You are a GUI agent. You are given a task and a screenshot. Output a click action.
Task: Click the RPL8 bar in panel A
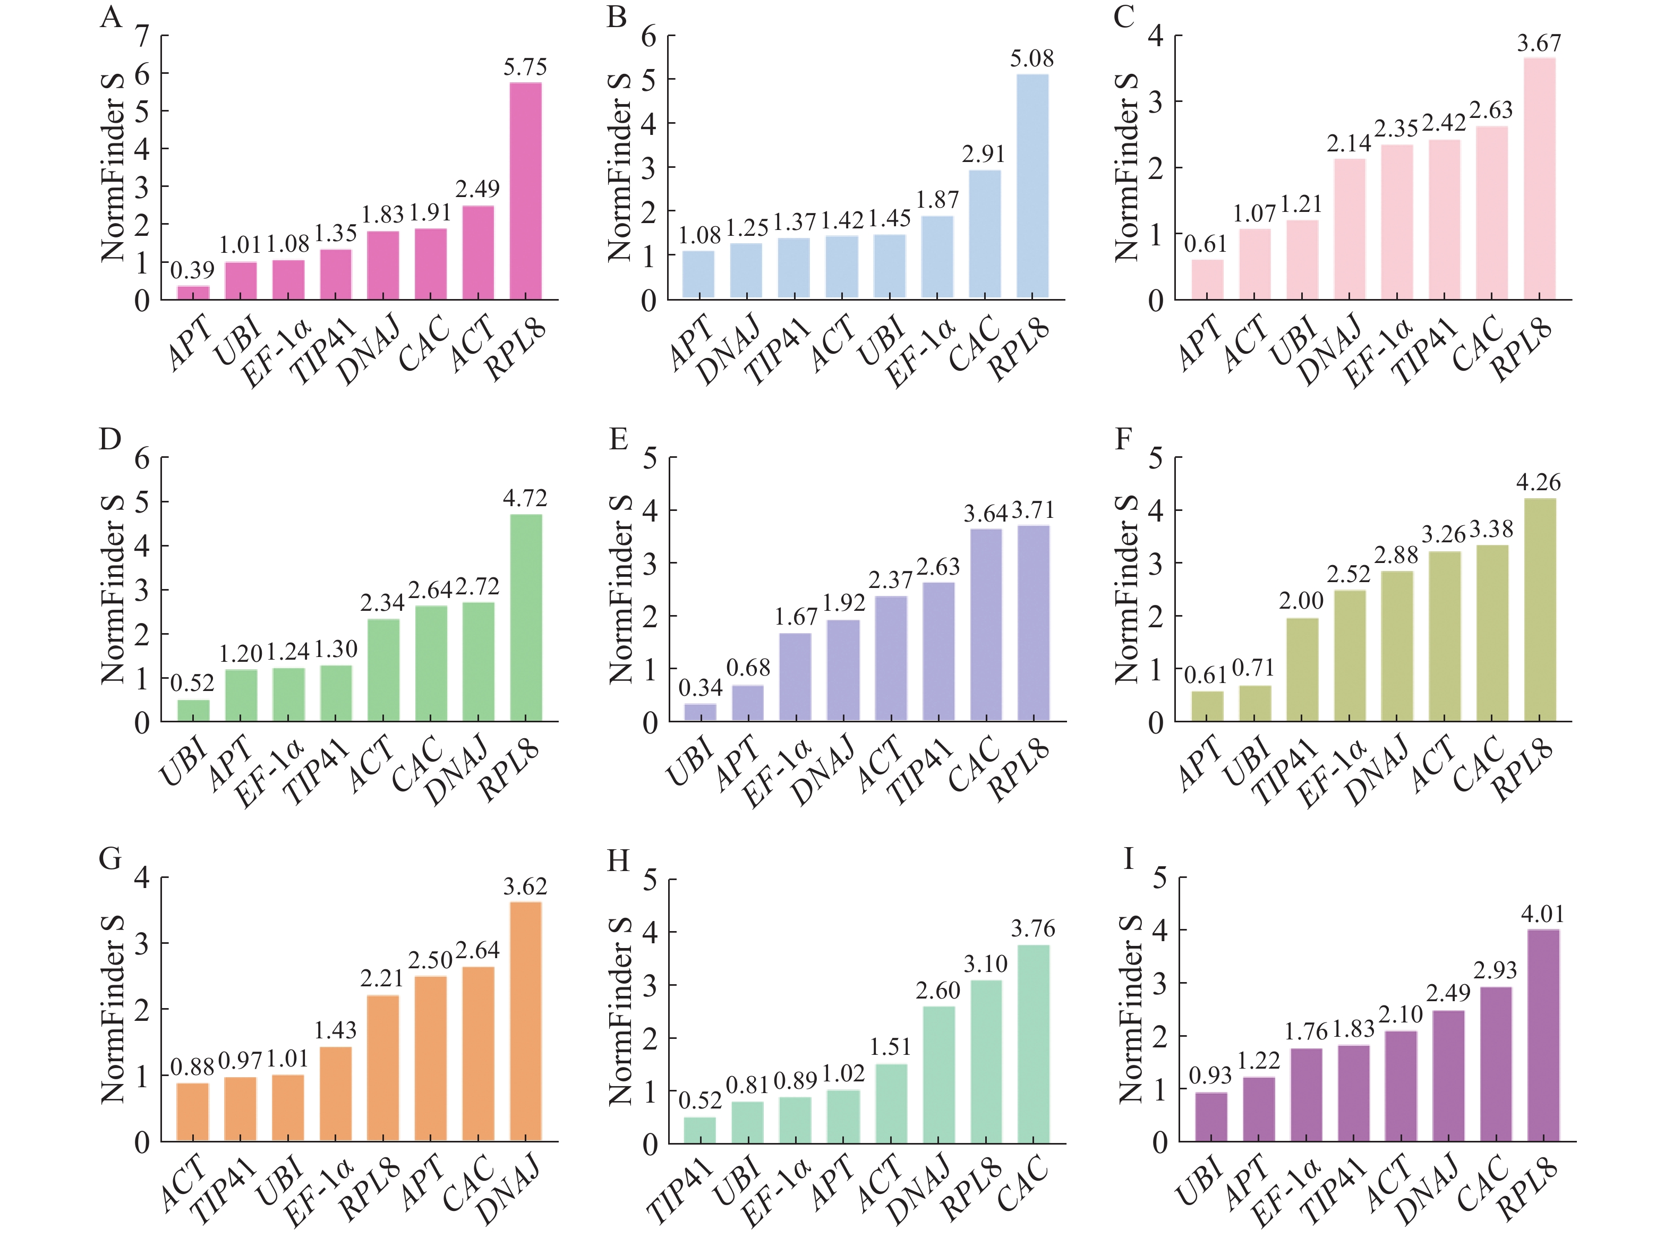click(525, 191)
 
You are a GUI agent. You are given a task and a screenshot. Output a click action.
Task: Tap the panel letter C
click(1124, 16)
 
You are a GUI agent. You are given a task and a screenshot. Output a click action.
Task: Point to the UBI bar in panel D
click(193, 710)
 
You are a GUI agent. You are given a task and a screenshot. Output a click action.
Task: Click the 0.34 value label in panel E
click(700, 687)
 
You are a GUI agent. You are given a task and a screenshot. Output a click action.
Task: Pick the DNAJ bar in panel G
click(525, 1021)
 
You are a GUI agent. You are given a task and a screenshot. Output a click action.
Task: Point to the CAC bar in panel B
click(984, 234)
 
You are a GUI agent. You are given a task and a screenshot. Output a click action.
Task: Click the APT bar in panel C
click(1207, 279)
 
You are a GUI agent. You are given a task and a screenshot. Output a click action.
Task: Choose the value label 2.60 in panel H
click(937, 991)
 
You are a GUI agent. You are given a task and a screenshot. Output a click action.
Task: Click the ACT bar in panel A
click(477, 252)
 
